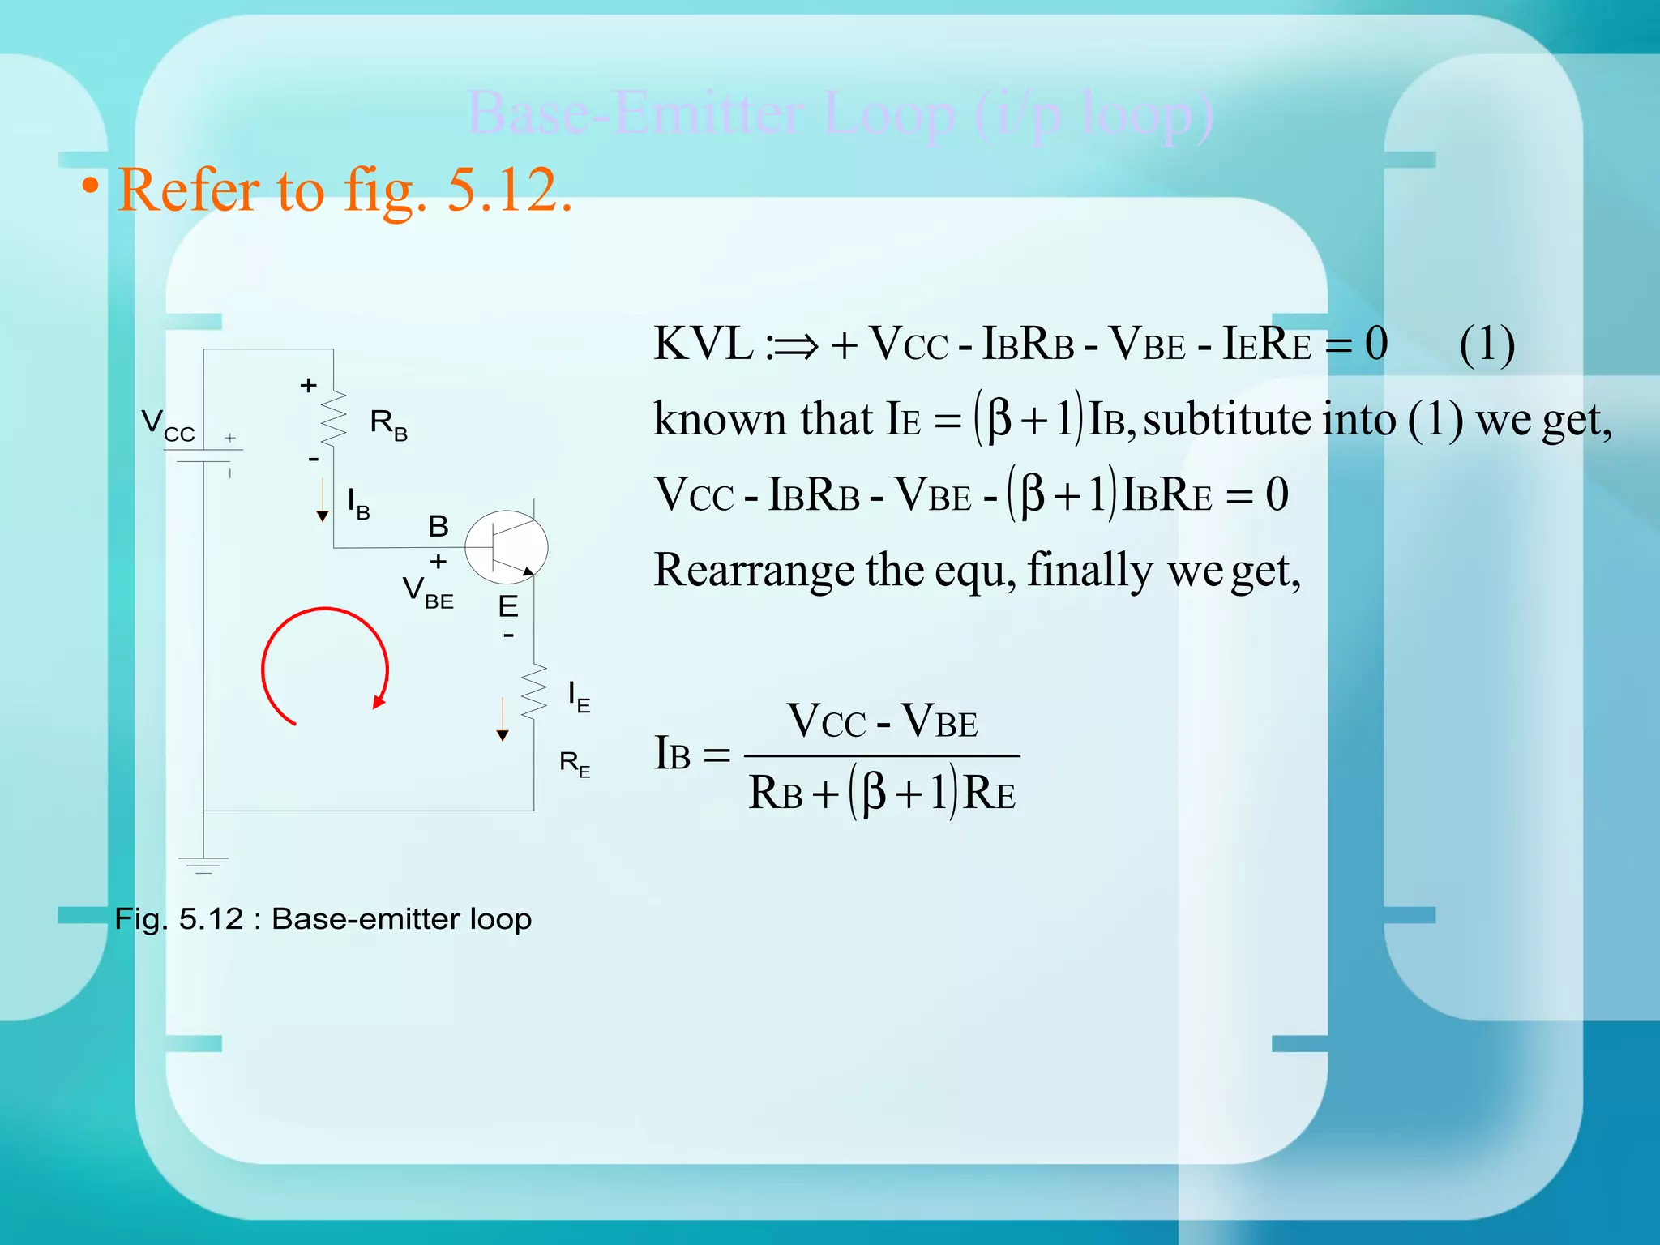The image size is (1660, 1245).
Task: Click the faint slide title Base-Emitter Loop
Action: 840,114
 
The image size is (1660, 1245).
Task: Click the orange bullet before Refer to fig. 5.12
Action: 91,187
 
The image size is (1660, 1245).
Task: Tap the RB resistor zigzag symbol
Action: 333,418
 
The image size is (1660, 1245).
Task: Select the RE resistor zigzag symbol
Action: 534,691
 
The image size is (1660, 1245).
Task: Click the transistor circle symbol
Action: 507,547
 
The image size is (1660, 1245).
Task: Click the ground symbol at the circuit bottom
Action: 203,864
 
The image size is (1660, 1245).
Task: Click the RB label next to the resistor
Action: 388,424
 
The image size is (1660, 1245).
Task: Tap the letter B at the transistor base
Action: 439,526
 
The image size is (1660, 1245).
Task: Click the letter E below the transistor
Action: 508,606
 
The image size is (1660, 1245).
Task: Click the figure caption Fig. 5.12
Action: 323,918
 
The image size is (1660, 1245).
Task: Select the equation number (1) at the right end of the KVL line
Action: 1487,344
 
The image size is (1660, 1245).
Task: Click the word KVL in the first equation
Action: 703,344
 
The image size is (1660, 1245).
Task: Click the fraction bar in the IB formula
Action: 882,756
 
